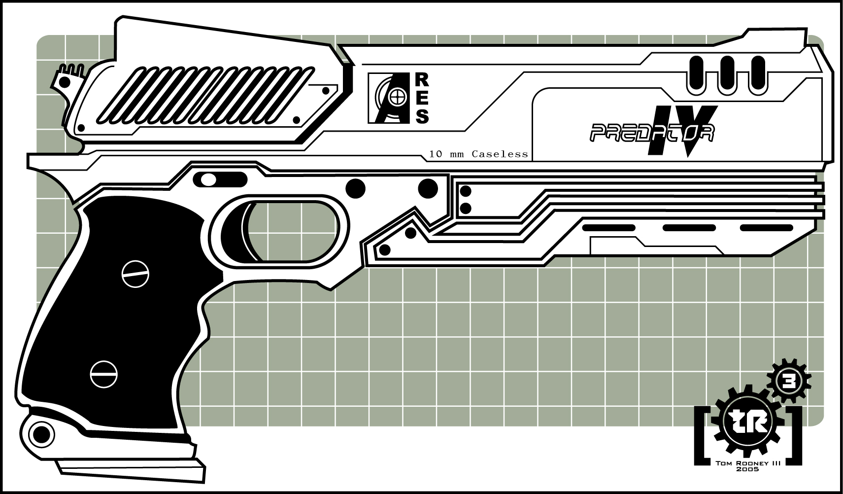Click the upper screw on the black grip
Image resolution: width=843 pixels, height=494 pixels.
135,273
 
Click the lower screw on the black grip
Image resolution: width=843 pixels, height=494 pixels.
103,374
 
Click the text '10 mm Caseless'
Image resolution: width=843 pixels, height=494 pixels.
478,154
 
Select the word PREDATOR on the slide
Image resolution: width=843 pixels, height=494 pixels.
652,133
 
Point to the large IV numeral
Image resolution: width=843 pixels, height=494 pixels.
683,131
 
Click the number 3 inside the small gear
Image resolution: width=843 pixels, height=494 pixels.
789,382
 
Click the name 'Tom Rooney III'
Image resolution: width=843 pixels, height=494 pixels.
747,463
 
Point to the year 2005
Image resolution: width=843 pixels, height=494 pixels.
748,470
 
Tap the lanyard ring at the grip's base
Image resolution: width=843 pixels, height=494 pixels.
41,434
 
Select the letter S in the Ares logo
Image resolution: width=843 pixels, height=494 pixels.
422,117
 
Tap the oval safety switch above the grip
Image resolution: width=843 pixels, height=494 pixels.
220,180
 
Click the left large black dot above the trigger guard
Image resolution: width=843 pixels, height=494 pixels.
356,188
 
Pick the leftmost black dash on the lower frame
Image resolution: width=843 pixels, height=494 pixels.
608,228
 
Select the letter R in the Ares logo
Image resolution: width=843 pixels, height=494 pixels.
423,79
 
